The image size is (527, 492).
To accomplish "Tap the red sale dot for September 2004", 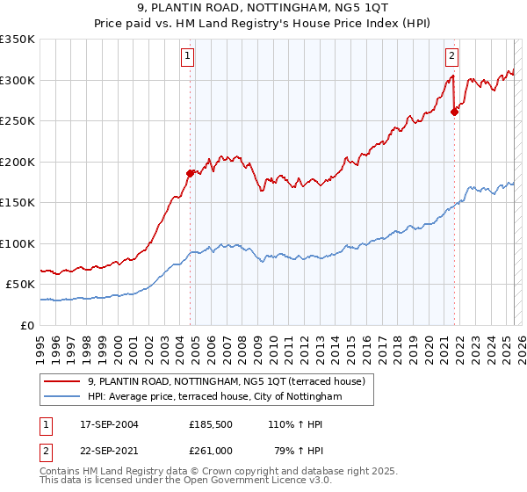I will (x=190, y=173).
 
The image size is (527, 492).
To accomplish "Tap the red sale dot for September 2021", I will (x=455, y=112).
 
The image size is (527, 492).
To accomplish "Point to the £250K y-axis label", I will (x=18, y=121).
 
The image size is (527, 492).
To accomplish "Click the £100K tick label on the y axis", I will (x=18, y=244).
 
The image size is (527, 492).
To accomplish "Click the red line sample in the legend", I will (x=62, y=380).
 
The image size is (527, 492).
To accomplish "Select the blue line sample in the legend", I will (x=62, y=397).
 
